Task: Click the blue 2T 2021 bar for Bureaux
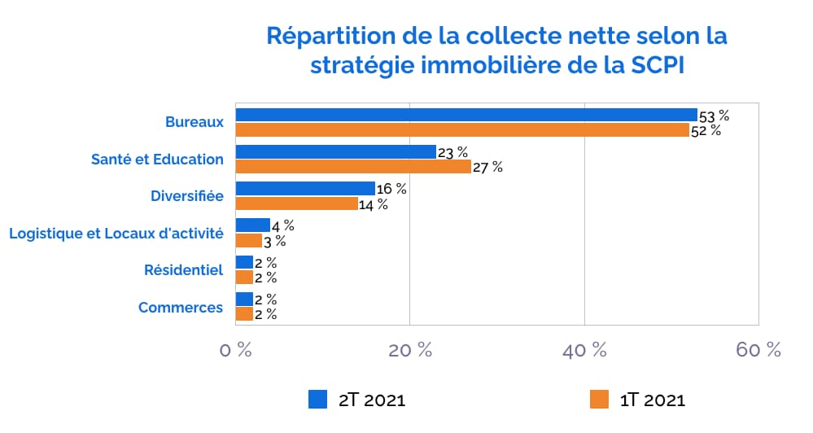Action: tap(466, 115)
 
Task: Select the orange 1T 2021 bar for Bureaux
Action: tap(461, 129)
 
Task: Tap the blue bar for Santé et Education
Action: tap(335, 151)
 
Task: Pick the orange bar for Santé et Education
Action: tap(353, 167)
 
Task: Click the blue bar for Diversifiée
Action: tap(305, 189)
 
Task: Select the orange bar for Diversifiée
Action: tap(296, 203)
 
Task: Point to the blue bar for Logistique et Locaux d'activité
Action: tap(252, 225)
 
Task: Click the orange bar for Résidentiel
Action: tap(244, 278)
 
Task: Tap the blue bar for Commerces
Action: tap(244, 299)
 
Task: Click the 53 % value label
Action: tap(715, 116)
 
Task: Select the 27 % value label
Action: tap(487, 168)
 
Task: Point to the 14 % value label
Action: tap(373, 204)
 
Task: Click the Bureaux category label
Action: tap(194, 122)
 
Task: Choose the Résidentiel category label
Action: tap(183, 270)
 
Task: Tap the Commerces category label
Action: tap(181, 308)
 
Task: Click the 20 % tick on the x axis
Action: tap(409, 350)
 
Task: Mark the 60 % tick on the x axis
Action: tap(758, 350)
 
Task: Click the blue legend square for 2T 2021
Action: tap(317, 399)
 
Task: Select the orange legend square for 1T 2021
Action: tap(599, 399)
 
